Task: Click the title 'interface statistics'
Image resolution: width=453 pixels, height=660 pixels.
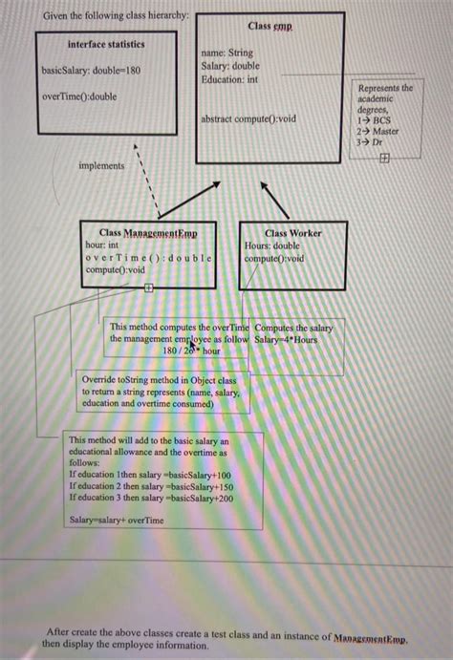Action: pyautogui.click(x=106, y=45)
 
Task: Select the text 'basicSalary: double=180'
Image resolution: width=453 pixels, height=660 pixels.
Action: pyautogui.click(x=91, y=72)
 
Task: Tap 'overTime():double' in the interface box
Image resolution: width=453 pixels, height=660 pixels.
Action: pyautogui.click(x=79, y=96)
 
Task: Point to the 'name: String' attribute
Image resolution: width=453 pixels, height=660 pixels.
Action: pyautogui.click(x=227, y=54)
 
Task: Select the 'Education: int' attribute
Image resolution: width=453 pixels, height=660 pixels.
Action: pyautogui.click(x=229, y=79)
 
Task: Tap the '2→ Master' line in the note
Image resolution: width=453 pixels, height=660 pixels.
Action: pyautogui.click(x=377, y=132)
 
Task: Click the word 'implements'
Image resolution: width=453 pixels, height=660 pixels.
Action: pyautogui.click(x=101, y=165)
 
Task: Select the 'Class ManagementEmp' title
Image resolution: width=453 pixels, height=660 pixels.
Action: pyautogui.click(x=148, y=233)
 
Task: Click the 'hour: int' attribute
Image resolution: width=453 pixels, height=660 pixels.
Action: pyautogui.click(x=102, y=245)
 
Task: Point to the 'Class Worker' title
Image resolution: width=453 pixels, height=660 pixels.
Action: pyautogui.click(x=292, y=233)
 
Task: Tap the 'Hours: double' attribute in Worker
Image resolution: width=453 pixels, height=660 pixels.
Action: pyautogui.click(x=273, y=245)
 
